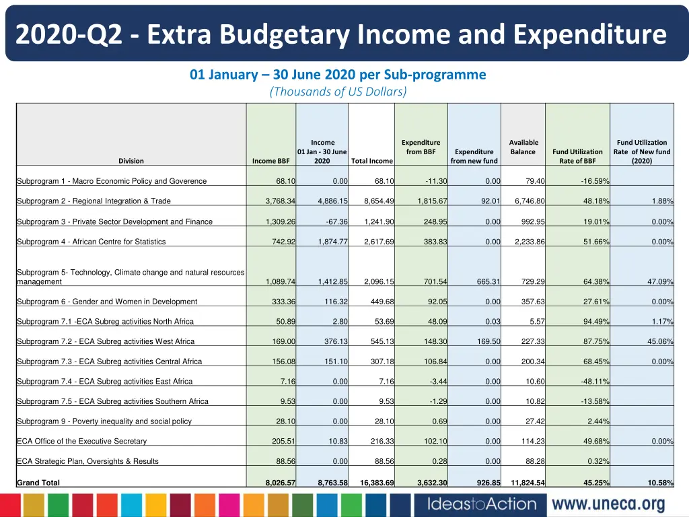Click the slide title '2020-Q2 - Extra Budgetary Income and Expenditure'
341,34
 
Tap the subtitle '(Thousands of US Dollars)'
338,92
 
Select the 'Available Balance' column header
523,147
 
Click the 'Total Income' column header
372,161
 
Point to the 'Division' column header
131,161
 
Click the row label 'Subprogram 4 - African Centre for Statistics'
91,242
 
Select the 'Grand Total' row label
38,483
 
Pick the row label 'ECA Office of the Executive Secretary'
81,442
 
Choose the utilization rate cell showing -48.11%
595,382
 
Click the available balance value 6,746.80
530,201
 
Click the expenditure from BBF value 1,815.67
429,201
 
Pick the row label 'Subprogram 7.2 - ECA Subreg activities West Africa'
106,342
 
